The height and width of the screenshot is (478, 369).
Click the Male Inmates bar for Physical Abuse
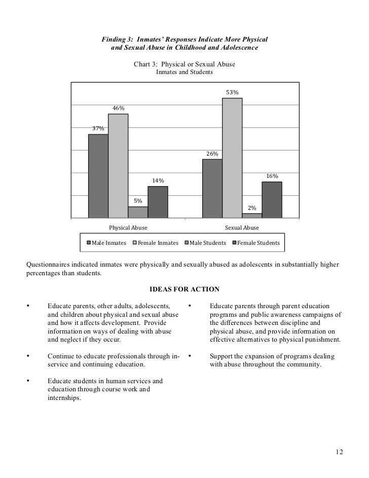pyautogui.click(x=98, y=176)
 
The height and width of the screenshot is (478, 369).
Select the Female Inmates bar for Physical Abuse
pyautogui.click(x=118, y=166)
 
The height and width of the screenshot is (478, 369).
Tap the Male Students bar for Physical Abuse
pyautogui.click(x=138, y=212)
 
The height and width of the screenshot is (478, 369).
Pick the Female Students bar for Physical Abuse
pyautogui.click(x=158, y=202)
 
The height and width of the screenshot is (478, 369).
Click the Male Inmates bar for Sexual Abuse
pyautogui.click(x=212, y=188)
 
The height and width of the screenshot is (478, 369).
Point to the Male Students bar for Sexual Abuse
pyautogui.click(x=252, y=215)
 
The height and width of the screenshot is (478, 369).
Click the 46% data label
pyautogui.click(x=118, y=108)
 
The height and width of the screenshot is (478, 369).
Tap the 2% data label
pyautogui.click(x=252, y=208)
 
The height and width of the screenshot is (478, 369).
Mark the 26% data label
pyautogui.click(x=212, y=154)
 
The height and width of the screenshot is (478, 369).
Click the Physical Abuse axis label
pyautogui.click(x=128, y=228)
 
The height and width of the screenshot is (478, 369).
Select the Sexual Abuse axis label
pyautogui.click(x=242, y=228)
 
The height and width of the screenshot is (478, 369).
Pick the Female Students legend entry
pyautogui.click(x=256, y=243)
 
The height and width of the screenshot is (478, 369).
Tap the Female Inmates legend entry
pyautogui.click(x=155, y=243)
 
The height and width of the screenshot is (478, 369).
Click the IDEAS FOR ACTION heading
pyautogui.click(x=184, y=289)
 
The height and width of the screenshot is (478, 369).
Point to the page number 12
pyautogui.click(x=339, y=452)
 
